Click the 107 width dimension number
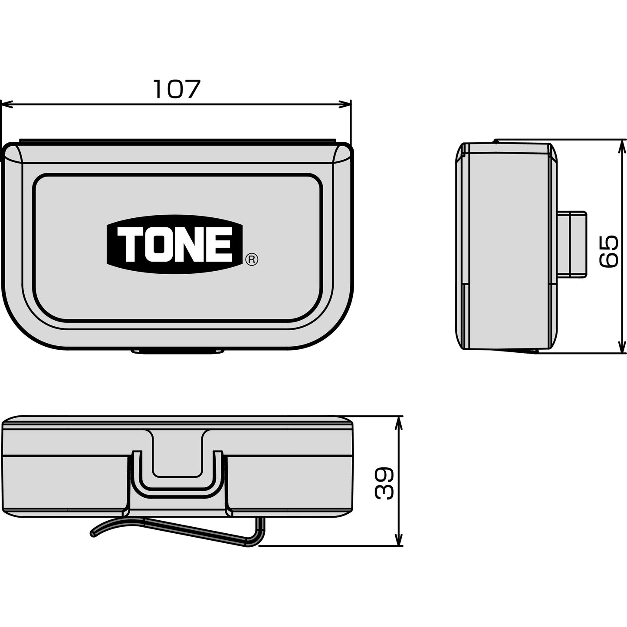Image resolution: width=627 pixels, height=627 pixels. point(176,89)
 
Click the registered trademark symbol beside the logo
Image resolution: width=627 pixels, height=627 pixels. point(252,259)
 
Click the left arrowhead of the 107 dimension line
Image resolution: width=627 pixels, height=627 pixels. point(7,105)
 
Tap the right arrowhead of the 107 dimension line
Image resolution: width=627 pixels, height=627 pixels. point(345,105)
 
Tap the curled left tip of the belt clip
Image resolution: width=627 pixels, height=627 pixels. point(93,534)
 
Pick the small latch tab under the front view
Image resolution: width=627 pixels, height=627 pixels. point(177,352)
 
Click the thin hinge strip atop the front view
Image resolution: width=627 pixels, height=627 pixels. point(177,140)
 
